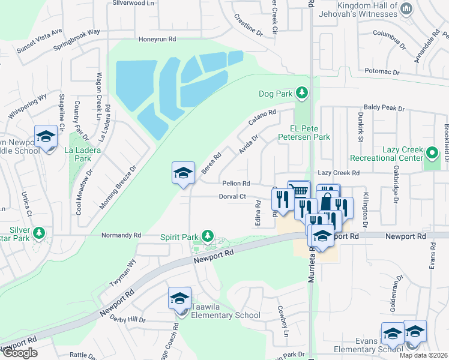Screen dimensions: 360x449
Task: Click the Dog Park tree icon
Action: [301, 93]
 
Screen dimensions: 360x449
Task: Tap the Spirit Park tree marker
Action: [208, 236]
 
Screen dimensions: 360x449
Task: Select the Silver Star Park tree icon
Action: [40, 232]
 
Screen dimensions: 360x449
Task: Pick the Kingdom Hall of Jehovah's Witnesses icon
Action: [406, 9]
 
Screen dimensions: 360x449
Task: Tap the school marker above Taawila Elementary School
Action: [179, 299]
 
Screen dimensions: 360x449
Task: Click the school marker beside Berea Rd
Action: [183, 175]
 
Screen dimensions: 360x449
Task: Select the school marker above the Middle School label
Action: [46, 137]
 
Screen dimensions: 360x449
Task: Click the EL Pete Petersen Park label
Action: [310, 133]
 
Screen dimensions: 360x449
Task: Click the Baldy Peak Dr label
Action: [384, 108]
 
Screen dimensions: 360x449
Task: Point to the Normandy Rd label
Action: [121, 235]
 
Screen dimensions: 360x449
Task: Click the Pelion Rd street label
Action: [235, 183]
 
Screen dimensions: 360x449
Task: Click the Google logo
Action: [20, 353]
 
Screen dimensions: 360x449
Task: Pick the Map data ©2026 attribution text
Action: [423, 355]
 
